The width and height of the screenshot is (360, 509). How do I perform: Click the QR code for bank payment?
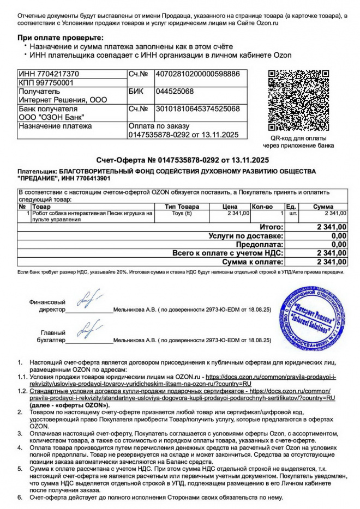(298, 100)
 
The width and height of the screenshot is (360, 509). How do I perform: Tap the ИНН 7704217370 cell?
(49, 74)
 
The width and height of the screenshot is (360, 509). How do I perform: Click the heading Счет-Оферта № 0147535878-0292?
(182, 160)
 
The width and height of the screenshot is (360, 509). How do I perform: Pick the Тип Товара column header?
(182, 207)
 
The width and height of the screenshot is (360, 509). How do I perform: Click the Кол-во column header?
(262, 207)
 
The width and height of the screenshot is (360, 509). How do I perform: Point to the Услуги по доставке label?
(246, 236)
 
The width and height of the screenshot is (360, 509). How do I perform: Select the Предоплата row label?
(262, 245)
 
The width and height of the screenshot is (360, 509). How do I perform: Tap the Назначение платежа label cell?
(55, 126)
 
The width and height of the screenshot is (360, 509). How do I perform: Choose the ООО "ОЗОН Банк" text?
(51, 117)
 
